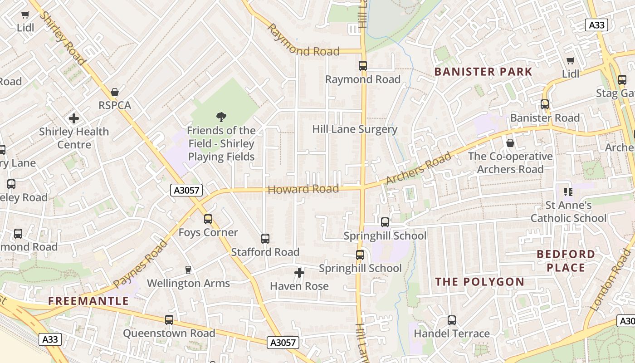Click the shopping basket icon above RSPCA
115,92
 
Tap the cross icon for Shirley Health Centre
74,119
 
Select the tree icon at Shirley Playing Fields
221,117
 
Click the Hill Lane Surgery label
355,129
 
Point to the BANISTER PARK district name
483,72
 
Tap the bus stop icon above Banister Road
545,104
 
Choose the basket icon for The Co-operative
510,143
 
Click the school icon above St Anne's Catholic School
568,192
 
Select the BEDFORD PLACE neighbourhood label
566,261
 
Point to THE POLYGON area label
479,282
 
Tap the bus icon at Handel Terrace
452,320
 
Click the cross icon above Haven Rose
299,273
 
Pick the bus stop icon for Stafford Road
265,239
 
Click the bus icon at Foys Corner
208,219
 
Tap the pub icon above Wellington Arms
188,270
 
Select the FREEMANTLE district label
88,301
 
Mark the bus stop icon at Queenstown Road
169,320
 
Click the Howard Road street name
303,189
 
